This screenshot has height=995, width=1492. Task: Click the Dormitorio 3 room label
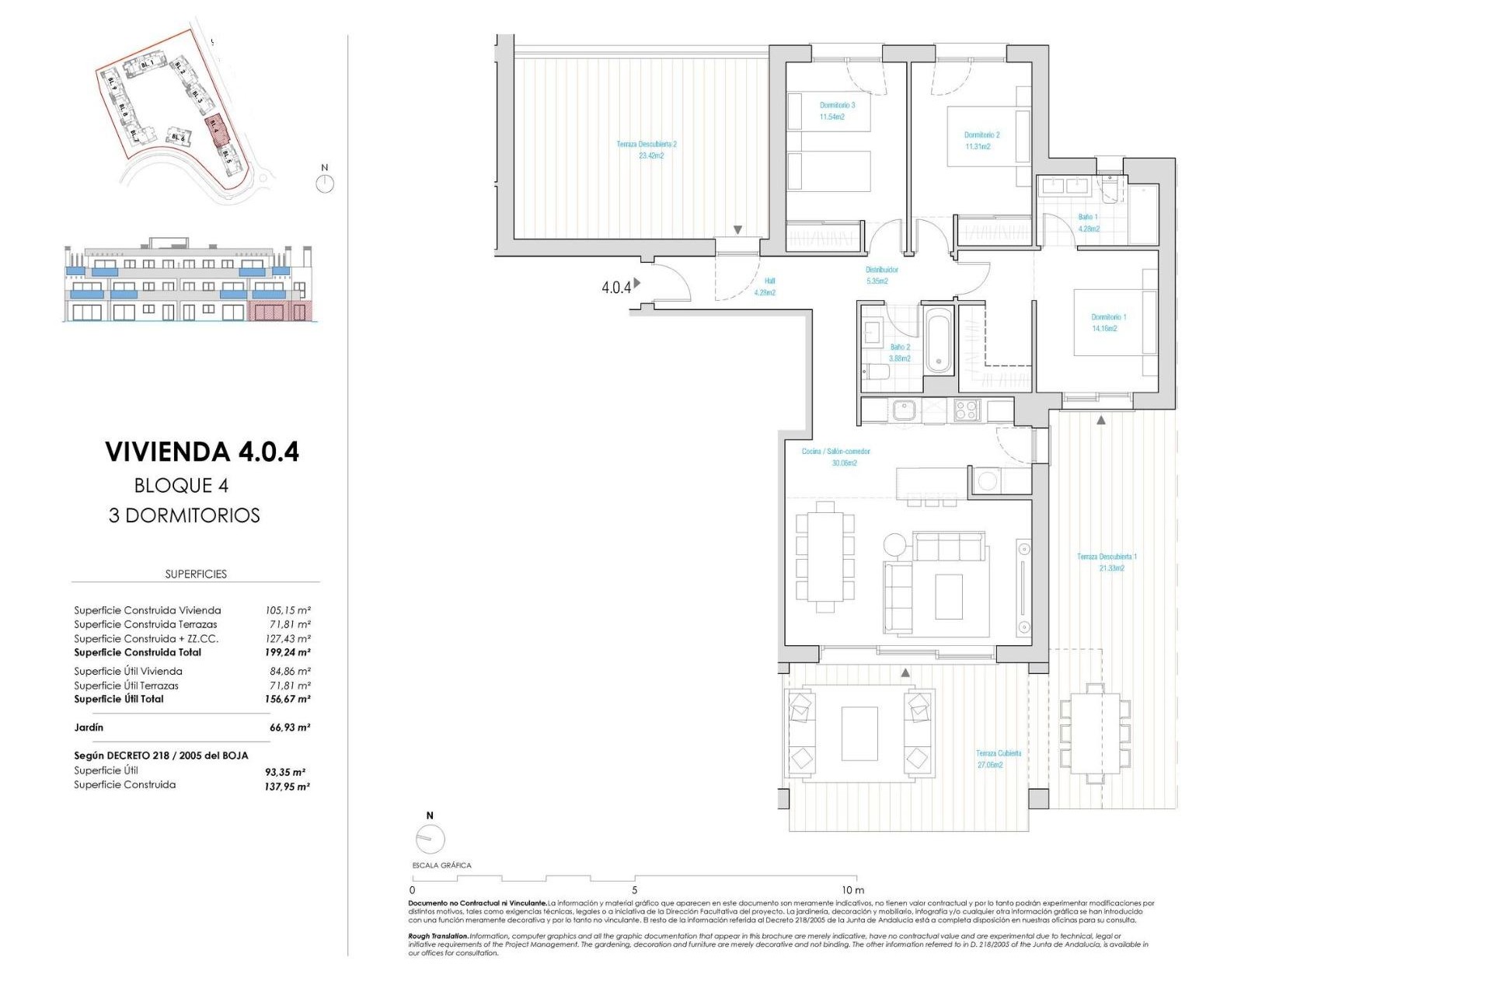(837, 111)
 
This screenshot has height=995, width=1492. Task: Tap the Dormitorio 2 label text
(981, 141)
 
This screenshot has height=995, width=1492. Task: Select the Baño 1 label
(1088, 223)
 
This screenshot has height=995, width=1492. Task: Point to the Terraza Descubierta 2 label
(647, 150)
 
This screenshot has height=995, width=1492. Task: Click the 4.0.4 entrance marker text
(615, 288)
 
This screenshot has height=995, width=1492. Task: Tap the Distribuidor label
(881, 275)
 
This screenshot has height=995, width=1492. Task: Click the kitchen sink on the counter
(905, 410)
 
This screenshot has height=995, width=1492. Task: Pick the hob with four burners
(967, 410)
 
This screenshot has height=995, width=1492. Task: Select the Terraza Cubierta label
(998, 759)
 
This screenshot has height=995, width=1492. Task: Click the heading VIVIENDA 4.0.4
(202, 452)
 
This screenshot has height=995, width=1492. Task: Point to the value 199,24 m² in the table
(288, 653)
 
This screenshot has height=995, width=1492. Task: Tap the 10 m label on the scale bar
(852, 890)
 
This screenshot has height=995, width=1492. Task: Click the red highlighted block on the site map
(217, 129)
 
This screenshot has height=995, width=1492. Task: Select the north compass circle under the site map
(325, 184)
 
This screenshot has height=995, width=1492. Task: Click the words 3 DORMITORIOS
(184, 515)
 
